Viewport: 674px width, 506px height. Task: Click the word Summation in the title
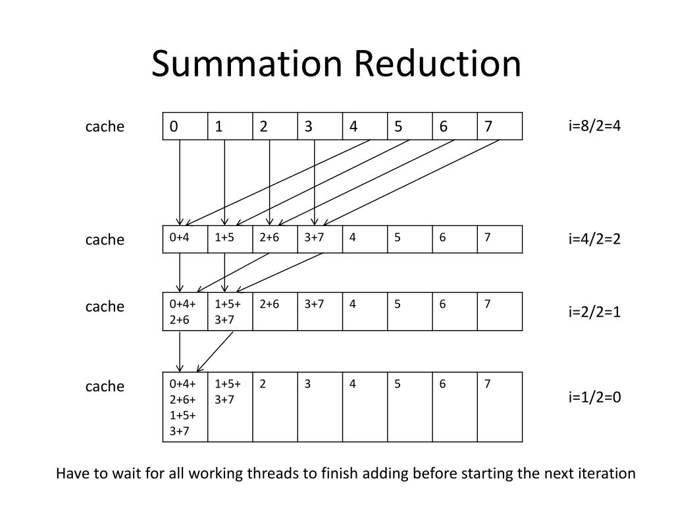pyautogui.click(x=247, y=64)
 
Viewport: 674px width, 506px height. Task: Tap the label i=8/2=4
pyautogui.click(x=594, y=125)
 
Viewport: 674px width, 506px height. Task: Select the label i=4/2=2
pyautogui.click(x=594, y=239)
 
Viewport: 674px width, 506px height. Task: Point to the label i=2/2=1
pyautogui.click(x=594, y=312)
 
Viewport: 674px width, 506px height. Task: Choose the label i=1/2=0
pyautogui.click(x=594, y=397)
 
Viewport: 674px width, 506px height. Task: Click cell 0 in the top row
pyautogui.click(x=185, y=126)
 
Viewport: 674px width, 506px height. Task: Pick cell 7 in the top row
pyautogui.click(x=500, y=126)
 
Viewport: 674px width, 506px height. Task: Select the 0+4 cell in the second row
pyautogui.click(x=185, y=239)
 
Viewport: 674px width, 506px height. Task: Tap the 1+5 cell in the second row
pyautogui.click(x=230, y=239)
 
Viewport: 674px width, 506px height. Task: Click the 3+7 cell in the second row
pyautogui.click(x=320, y=239)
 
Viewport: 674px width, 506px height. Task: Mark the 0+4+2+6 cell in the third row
pyautogui.click(x=185, y=311)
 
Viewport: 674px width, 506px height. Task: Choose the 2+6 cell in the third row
pyautogui.click(x=275, y=311)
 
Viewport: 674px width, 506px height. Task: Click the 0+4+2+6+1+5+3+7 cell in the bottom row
pyautogui.click(x=185, y=407)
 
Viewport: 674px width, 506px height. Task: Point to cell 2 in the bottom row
pyautogui.click(x=275, y=407)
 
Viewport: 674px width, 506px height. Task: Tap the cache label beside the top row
pyautogui.click(x=105, y=126)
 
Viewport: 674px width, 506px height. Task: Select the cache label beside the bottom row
pyautogui.click(x=105, y=386)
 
